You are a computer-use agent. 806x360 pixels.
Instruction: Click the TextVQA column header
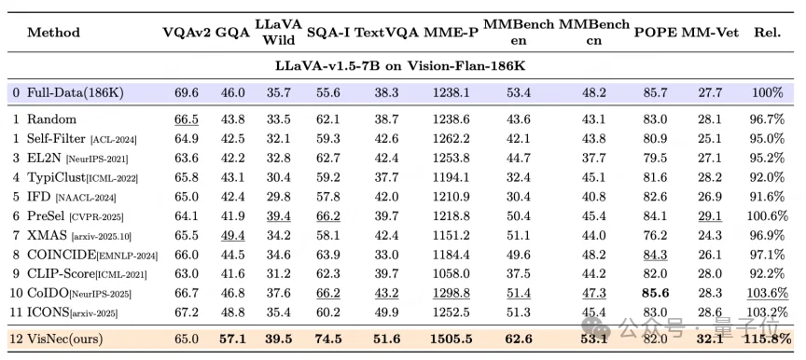[387, 33]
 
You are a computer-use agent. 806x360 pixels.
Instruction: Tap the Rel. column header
[768, 33]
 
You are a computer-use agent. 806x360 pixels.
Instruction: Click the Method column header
[53, 33]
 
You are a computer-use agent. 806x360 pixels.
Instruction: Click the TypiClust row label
[57, 178]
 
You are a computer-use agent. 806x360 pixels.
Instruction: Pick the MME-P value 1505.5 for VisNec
[451, 339]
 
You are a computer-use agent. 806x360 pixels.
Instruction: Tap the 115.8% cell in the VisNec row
[767, 339]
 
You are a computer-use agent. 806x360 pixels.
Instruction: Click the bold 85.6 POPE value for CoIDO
[655, 293]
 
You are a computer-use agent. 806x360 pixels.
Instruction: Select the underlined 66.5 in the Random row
[187, 119]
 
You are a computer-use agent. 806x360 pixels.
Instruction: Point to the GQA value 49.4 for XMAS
[232, 236]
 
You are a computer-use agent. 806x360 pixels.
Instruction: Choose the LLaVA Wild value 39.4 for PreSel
[278, 216]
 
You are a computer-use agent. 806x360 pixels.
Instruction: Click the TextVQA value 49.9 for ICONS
[387, 312]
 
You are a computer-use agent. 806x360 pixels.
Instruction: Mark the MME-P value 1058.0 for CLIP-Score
[451, 273]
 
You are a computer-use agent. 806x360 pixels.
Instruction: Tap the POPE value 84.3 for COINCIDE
[655, 256]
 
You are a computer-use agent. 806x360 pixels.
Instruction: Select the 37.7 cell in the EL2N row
[593, 159]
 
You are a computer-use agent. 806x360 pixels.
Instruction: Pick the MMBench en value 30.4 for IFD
[519, 197]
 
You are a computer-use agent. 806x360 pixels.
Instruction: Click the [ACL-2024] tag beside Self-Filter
[113, 140]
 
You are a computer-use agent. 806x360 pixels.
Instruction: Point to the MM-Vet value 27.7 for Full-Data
[710, 93]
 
